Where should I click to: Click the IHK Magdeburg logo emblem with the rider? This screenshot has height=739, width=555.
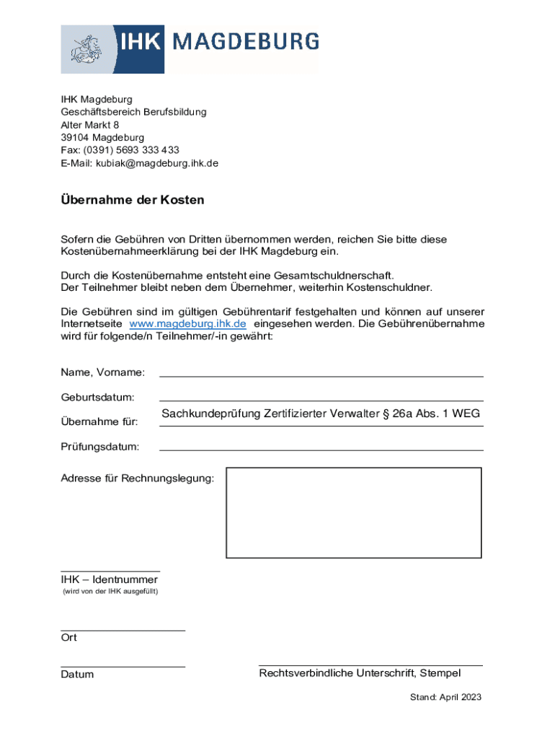pyautogui.click(x=86, y=49)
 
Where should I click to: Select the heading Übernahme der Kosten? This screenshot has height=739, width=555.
pyautogui.click(x=132, y=200)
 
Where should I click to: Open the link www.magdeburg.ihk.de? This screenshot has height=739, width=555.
pyautogui.click(x=187, y=324)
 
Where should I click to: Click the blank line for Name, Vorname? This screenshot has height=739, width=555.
pyautogui.click(x=321, y=375)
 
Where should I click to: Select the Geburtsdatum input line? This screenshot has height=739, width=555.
pyautogui.click(x=321, y=400)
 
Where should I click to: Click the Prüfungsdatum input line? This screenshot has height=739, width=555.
pyautogui.click(x=321, y=450)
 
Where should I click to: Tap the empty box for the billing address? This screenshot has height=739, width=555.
pyautogui.click(x=353, y=512)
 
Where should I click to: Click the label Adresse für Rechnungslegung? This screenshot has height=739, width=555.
pyautogui.click(x=137, y=478)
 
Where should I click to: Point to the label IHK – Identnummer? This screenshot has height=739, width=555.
pyautogui.click(x=109, y=580)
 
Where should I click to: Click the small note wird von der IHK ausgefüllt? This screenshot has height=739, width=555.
pyautogui.click(x=108, y=592)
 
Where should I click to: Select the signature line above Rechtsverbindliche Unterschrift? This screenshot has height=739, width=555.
pyautogui.click(x=370, y=665)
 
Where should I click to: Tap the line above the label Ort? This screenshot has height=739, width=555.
pyautogui.click(x=123, y=630)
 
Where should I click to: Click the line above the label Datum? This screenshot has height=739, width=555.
pyautogui.click(x=123, y=667)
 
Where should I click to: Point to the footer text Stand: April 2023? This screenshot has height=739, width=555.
pyautogui.click(x=445, y=697)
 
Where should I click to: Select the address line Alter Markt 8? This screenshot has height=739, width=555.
pyautogui.click(x=89, y=125)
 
